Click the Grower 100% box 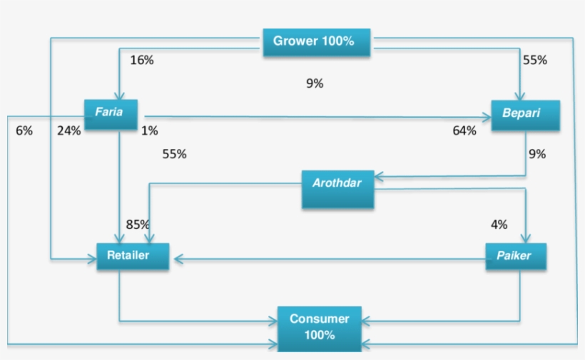317,41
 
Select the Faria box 111,113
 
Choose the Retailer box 133,256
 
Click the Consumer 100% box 319,328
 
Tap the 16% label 141,61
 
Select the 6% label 24,130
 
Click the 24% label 69,130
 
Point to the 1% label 149,130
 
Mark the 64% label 464,130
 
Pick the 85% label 138,225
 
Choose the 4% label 499,225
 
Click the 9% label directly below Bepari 536,153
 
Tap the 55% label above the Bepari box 534,61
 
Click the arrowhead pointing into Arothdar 378,175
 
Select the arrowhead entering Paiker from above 526,240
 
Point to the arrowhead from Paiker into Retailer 174,259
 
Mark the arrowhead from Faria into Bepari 487,118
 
